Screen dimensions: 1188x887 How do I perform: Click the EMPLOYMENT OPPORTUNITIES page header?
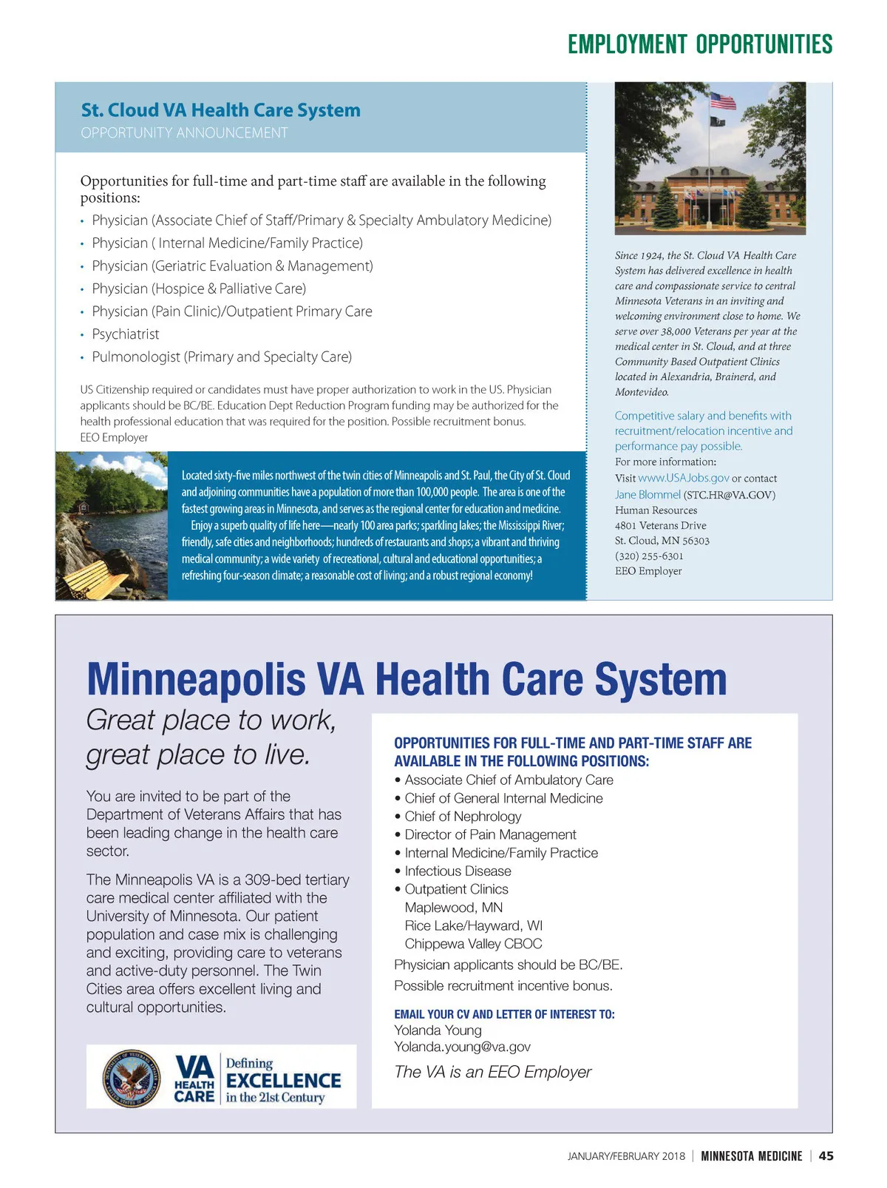pyautogui.click(x=699, y=44)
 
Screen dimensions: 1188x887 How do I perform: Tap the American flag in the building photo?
pyautogui.click(x=723, y=101)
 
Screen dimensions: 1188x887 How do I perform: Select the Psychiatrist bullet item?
pyautogui.click(x=126, y=334)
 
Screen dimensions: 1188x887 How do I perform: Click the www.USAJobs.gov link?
pyautogui.click(x=683, y=478)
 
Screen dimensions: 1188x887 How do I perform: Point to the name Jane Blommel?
pyautogui.click(x=648, y=495)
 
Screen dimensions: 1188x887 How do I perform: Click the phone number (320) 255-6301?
pyautogui.click(x=649, y=556)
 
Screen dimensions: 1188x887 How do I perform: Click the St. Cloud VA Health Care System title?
pyautogui.click(x=220, y=110)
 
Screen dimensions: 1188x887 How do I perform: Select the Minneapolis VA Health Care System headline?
pyautogui.click(x=407, y=679)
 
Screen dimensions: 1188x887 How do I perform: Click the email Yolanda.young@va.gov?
pyautogui.click(x=462, y=1047)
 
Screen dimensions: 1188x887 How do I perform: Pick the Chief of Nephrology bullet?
pyautogui.click(x=463, y=817)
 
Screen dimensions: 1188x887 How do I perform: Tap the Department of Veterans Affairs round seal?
pyautogui.click(x=131, y=1078)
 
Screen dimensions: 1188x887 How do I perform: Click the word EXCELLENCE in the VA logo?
pyautogui.click(x=284, y=1081)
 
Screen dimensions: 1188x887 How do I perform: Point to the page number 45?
pyautogui.click(x=826, y=1156)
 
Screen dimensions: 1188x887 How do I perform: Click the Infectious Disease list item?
pyautogui.click(x=458, y=871)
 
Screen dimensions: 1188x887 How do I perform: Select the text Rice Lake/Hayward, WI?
pyautogui.click(x=473, y=926)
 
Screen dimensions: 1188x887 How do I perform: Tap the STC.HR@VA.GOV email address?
pyautogui.click(x=730, y=495)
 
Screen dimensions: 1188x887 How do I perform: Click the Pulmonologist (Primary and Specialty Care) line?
pyautogui.click(x=222, y=357)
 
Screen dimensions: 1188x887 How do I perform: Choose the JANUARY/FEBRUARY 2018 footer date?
pyautogui.click(x=626, y=1156)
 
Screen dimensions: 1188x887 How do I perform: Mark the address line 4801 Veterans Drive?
pyautogui.click(x=660, y=525)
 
